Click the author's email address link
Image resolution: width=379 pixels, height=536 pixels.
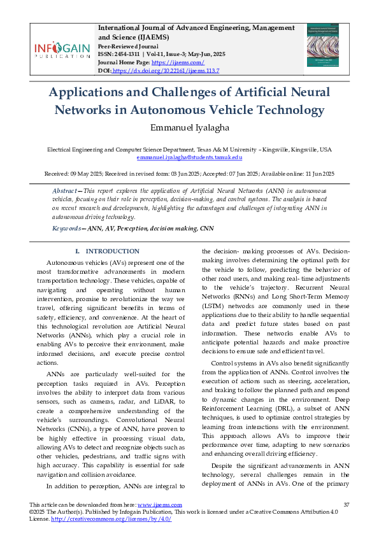189,157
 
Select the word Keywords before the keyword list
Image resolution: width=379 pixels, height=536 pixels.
66,228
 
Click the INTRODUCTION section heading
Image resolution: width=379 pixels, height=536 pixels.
112,251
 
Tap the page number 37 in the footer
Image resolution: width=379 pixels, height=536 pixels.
347,504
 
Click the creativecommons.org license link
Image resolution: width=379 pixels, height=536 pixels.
111,518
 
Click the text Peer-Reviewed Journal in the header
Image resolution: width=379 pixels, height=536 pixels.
127,46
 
